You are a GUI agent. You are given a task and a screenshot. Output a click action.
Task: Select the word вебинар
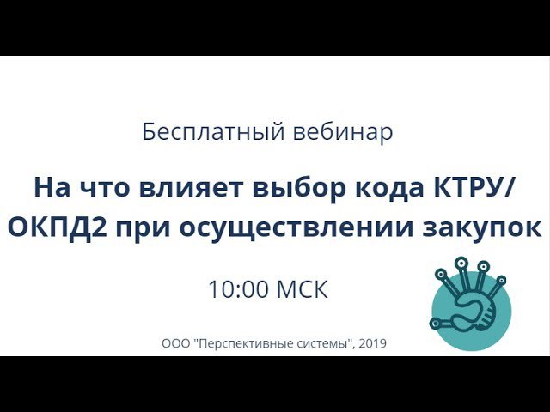[x=343, y=133]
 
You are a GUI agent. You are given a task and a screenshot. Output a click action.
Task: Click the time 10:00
[x=238, y=289]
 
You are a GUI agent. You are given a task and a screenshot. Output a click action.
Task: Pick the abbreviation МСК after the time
[x=302, y=289]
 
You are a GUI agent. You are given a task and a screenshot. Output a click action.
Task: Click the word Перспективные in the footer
[x=245, y=344]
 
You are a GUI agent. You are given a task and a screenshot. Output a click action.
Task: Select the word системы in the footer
[x=322, y=344]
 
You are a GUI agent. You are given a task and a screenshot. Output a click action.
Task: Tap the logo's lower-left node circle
[x=436, y=323]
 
